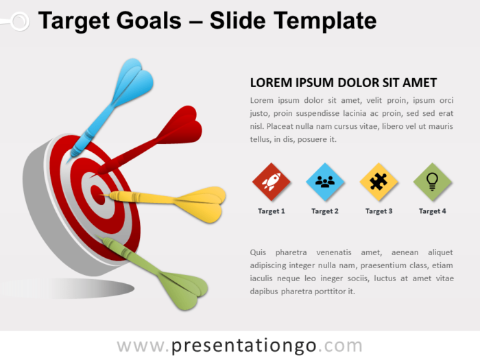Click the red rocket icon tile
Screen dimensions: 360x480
pyautogui.click(x=272, y=182)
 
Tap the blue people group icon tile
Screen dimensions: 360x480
pyautogui.click(x=325, y=182)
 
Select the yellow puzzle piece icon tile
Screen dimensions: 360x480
pyautogui.click(x=379, y=182)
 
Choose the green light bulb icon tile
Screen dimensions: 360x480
pyautogui.click(x=432, y=182)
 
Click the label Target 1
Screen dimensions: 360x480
pyautogui.click(x=272, y=211)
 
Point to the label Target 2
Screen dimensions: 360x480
pyautogui.click(x=325, y=211)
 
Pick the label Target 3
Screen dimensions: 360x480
pyautogui.click(x=379, y=211)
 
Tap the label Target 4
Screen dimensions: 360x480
pyautogui.click(x=432, y=211)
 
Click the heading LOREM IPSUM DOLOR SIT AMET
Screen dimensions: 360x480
pyautogui.click(x=343, y=83)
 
